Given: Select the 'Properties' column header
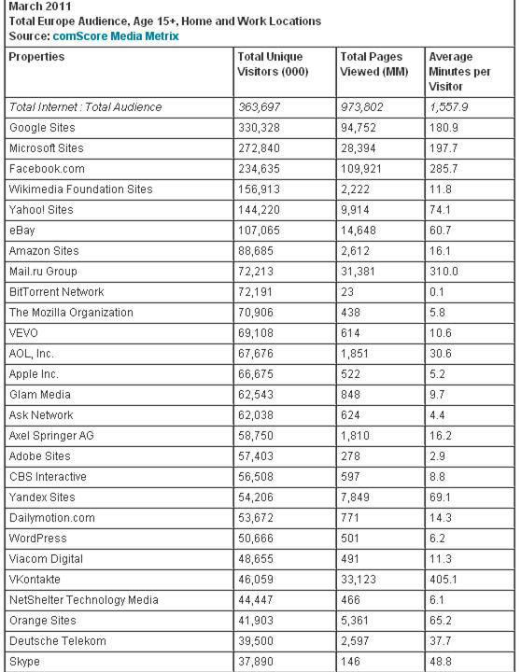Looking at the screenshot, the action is pyautogui.click(x=36, y=57).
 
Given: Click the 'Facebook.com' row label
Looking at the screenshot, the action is pyautogui.click(x=46, y=168).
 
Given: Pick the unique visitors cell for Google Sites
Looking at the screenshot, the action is pyautogui.click(x=260, y=127).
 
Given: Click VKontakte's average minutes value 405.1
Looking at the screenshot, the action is pyautogui.click(x=444, y=580).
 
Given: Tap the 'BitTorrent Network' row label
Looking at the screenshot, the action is pyautogui.click(x=56, y=292).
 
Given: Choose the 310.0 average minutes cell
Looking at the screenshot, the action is pyautogui.click(x=444, y=272).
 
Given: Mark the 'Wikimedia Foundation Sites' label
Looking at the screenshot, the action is pyautogui.click(x=80, y=189).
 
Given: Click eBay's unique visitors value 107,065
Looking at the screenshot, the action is pyautogui.click(x=260, y=231).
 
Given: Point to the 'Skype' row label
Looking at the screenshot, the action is pyautogui.click(x=24, y=662).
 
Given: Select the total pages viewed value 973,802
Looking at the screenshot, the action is pyautogui.click(x=363, y=107).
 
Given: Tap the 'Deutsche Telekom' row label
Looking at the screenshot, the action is pyautogui.click(x=57, y=641).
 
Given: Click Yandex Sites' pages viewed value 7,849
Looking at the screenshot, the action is pyautogui.click(x=357, y=497).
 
